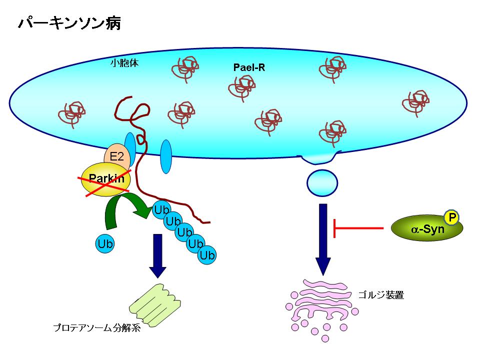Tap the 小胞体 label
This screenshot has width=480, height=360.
click(x=124, y=63)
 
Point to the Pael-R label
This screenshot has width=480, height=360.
click(x=249, y=67)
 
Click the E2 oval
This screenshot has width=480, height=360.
click(x=116, y=156)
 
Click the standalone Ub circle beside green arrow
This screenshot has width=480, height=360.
click(x=105, y=243)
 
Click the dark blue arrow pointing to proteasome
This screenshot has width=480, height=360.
click(x=158, y=255)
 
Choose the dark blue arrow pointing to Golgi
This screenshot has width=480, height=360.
click(x=323, y=237)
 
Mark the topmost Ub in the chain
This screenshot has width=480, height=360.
click(x=162, y=209)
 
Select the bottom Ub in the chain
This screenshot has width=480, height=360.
click(x=206, y=255)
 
